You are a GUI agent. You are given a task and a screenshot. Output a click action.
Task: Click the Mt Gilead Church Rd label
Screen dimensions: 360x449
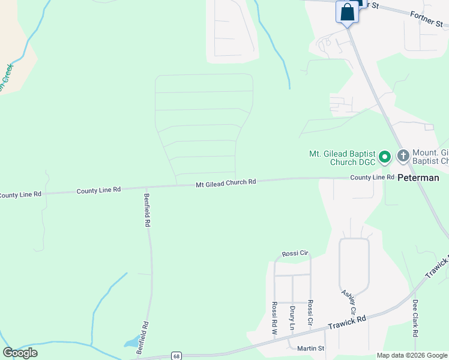click(226, 182)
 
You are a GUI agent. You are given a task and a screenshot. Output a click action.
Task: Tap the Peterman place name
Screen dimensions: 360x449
click(418, 178)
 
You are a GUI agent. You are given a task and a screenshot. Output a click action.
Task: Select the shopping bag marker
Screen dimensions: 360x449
click(348, 12)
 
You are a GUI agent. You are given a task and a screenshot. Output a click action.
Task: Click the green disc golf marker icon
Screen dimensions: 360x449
click(385, 157)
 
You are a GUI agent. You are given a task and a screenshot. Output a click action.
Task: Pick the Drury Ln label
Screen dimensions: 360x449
click(292, 318)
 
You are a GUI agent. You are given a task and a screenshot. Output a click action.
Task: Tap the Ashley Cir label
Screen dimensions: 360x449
click(348, 302)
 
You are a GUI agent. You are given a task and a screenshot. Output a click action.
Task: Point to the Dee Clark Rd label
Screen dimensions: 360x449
click(415, 318)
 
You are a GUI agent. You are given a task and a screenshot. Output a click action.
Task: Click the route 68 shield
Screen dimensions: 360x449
click(175, 355)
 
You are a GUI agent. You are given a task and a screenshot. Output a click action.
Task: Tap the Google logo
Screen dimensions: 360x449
click(20, 353)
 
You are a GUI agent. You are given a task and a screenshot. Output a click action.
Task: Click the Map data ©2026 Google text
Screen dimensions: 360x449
click(412, 355)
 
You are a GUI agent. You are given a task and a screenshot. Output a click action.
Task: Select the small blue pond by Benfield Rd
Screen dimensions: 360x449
click(131, 343)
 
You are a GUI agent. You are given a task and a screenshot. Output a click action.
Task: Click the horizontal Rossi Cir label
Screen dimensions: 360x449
click(294, 254)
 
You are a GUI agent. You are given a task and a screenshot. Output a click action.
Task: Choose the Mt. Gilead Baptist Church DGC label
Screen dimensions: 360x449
click(342, 158)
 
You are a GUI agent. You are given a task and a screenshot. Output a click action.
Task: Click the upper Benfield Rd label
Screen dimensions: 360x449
click(147, 210)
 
